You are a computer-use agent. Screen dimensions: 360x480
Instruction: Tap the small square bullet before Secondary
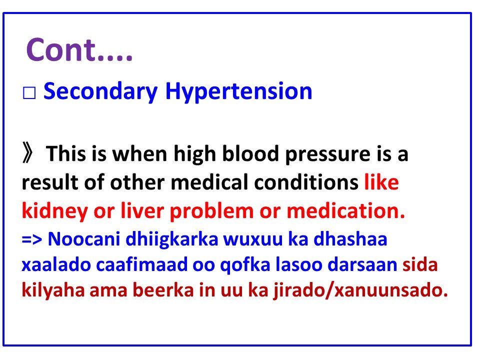(28, 93)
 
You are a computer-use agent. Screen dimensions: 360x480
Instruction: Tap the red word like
(381, 183)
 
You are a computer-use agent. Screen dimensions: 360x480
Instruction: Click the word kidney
(54, 212)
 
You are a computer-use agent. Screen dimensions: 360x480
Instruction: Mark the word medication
(344, 211)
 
